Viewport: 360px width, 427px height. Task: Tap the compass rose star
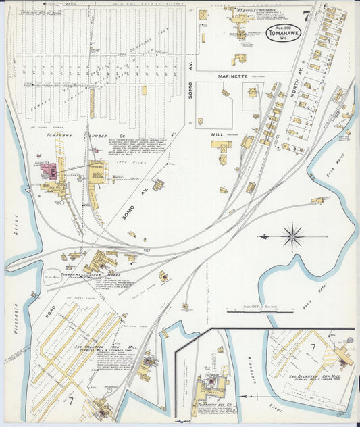coord(292,237)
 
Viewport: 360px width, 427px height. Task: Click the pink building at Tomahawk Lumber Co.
coord(48,170)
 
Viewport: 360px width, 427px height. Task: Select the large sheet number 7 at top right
coord(307,17)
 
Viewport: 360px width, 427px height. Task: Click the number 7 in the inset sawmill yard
coord(312,348)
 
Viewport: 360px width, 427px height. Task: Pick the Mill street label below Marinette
coord(217,134)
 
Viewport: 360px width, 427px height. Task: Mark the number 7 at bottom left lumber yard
coord(70,400)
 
